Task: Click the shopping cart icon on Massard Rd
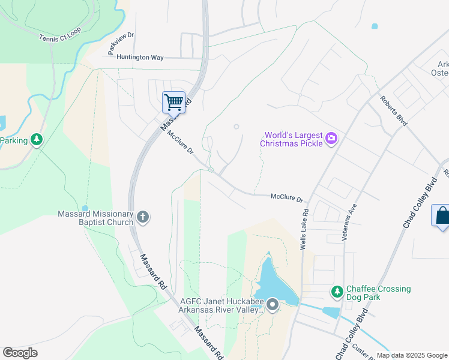pyautogui.click(x=173, y=102)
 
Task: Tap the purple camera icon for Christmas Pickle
pyautogui.click(x=331, y=139)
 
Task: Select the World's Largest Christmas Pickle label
pyautogui.click(x=291, y=139)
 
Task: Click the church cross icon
pyautogui.click(x=143, y=217)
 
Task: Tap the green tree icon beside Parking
pyautogui.click(x=37, y=140)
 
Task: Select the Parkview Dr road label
pyautogui.click(x=121, y=44)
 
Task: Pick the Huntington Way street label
pyautogui.click(x=140, y=57)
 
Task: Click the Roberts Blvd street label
pyautogui.click(x=394, y=110)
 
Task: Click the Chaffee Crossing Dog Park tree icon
pyautogui.click(x=337, y=292)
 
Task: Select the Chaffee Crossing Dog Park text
pyautogui.click(x=379, y=293)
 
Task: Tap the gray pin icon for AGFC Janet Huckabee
pyautogui.click(x=273, y=306)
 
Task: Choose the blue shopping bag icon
pyautogui.click(x=442, y=215)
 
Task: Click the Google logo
pyautogui.click(x=20, y=353)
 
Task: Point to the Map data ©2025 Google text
pyautogui.click(x=412, y=355)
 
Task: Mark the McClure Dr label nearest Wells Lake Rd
pyautogui.click(x=288, y=197)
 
